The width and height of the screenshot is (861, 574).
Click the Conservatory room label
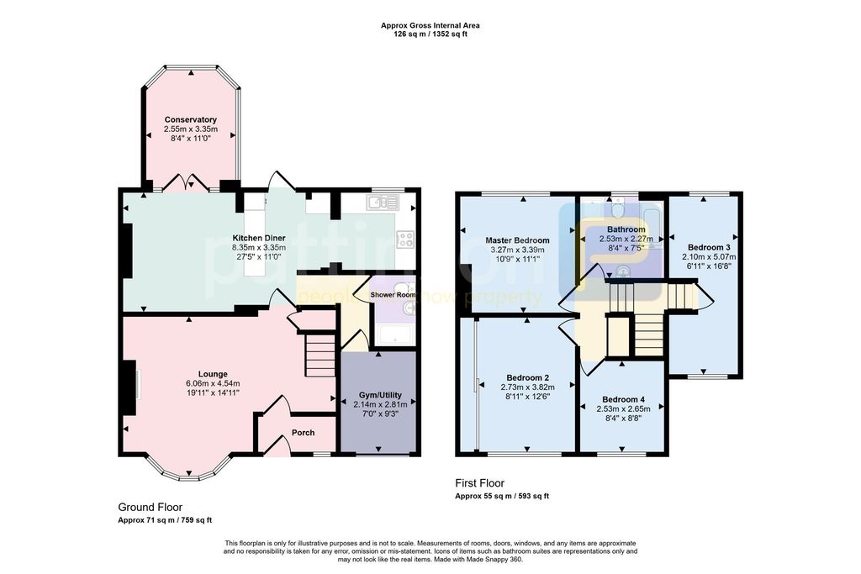pyautogui.click(x=191, y=119)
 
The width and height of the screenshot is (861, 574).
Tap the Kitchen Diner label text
pyautogui.click(x=259, y=238)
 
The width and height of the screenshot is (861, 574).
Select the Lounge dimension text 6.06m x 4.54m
pyautogui.click(x=213, y=384)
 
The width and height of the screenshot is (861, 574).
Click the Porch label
pyautogui.click(x=303, y=433)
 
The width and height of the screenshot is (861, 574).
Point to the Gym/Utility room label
pyautogui.click(x=378, y=394)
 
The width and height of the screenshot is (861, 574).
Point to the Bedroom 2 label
pyautogui.click(x=528, y=377)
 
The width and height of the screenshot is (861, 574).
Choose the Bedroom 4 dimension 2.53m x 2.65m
pyautogui.click(x=623, y=408)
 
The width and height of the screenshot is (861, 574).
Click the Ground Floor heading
pyautogui.click(x=150, y=507)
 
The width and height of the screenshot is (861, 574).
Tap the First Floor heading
pyautogui.click(x=479, y=483)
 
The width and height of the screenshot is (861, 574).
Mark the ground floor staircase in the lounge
pyautogui.click(x=320, y=354)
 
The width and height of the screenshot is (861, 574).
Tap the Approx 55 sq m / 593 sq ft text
pyautogui.click(x=502, y=496)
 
